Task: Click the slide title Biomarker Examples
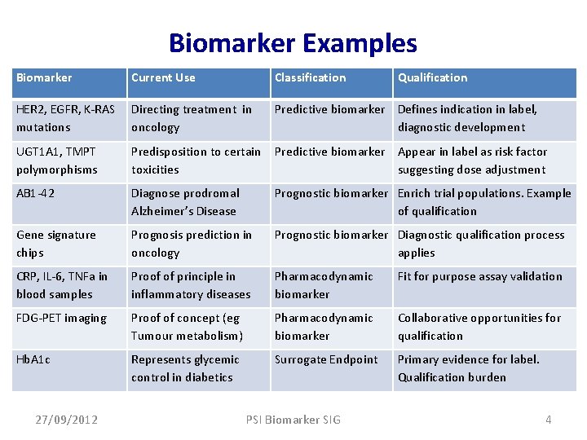293,42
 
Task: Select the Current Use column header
163,77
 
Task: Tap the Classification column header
310,77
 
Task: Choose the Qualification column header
432,77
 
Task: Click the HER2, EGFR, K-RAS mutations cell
65,118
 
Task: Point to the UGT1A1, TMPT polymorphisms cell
57,161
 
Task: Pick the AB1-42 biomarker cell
36,193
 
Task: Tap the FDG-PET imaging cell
61,318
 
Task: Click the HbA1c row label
33,359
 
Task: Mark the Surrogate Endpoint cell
326,359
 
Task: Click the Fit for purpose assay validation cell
479,276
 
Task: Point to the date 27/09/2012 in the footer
67,420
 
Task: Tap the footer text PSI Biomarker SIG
293,420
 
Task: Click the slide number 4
549,420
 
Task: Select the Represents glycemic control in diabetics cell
185,368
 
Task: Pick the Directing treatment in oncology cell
191,118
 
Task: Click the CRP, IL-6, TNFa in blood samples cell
62,285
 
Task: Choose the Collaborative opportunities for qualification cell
479,327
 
